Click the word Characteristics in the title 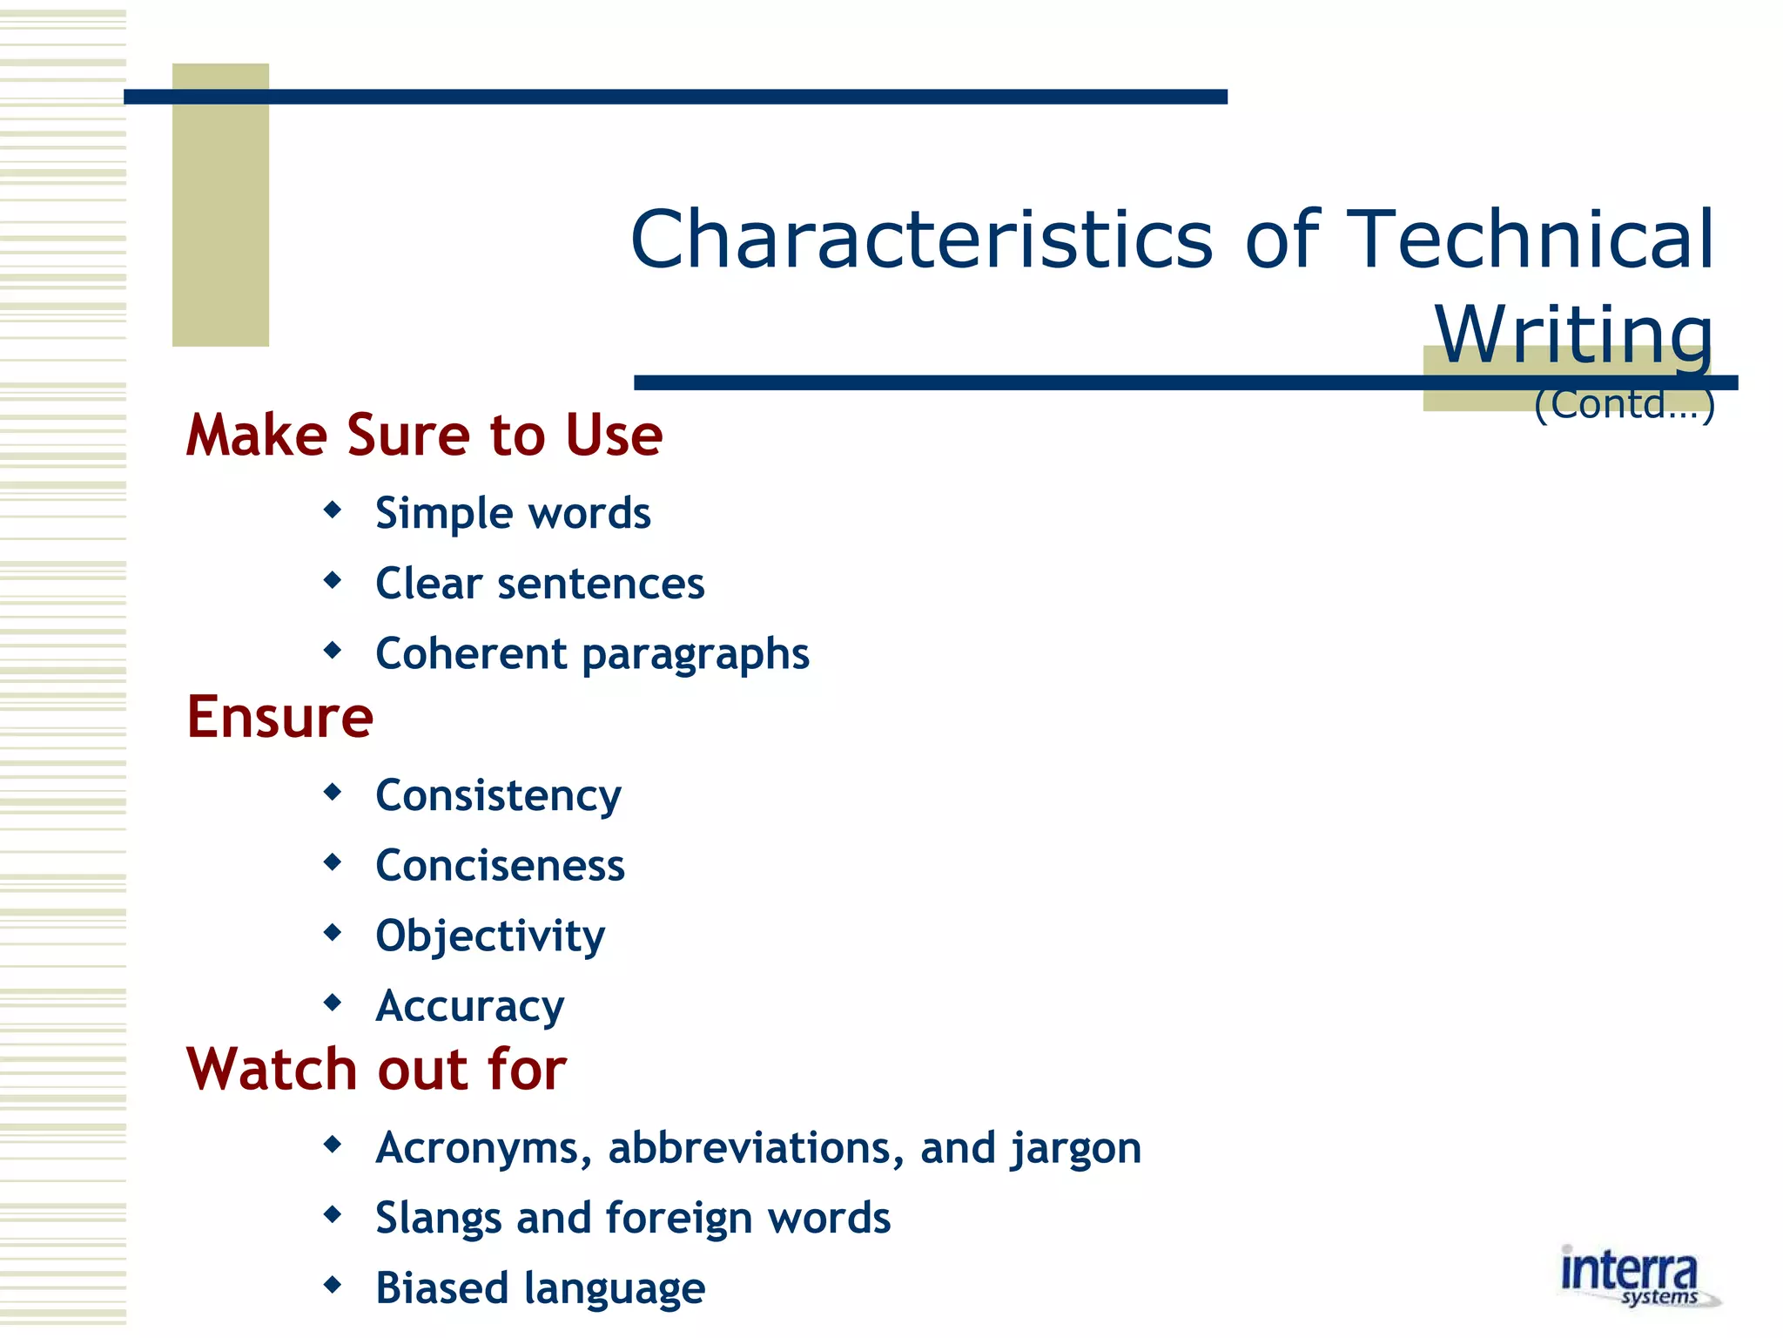click(x=921, y=240)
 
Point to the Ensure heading click(x=279, y=717)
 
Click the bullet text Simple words click(x=512, y=513)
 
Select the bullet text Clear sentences click(x=540, y=584)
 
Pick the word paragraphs click(x=695, y=655)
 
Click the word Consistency click(x=498, y=796)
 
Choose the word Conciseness click(x=500, y=866)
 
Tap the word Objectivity click(x=490, y=936)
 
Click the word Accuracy click(x=469, y=1007)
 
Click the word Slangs click(x=438, y=1218)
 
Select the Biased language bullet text click(x=540, y=1288)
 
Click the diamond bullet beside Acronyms click(x=332, y=1144)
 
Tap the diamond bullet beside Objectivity click(x=332, y=933)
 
